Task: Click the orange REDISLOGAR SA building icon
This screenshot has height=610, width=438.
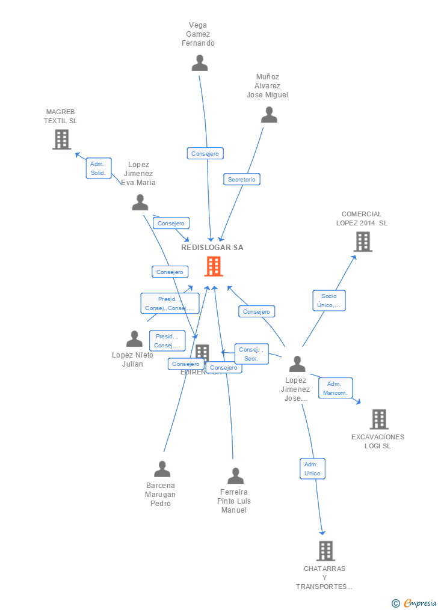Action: pyautogui.click(x=214, y=266)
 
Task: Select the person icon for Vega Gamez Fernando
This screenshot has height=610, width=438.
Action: pyautogui.click(x=199, y=63)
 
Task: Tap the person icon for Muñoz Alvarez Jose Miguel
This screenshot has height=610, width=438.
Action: pyautogui.click(x=269, y=115)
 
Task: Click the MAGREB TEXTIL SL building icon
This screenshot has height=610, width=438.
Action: pyautogui.click(x=61, y=139)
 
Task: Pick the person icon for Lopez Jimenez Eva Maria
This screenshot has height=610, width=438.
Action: pyautogui.click(x=140, y=203)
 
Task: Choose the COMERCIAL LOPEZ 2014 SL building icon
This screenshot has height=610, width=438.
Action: pyautogui.click(x=363, y=242)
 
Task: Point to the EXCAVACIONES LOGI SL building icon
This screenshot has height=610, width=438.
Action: pyautogui.click(x=379, y=419)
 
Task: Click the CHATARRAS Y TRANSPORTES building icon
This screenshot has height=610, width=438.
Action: pyautogui.click(x=325, y=551)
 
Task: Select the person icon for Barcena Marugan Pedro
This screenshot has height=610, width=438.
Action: pyautogui.click(x=162, y=469)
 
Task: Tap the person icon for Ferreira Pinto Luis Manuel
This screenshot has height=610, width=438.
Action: pyautogui.click(x=235, y=476)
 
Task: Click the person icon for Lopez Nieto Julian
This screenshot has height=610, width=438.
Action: pyautogui.click(x=134, y=339)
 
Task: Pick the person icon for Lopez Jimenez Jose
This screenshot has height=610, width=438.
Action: pyautogui.click(x=297, y=364)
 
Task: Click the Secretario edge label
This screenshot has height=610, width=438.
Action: pyautogui.click(x=242, y=179)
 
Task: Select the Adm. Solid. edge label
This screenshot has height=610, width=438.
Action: pyautogui.click(x=98, y=168)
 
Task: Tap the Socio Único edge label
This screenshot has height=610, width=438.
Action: pyautogui.click(x=328, y=300)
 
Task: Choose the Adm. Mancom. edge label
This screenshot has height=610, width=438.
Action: pyautogui.click(x=335, y=388)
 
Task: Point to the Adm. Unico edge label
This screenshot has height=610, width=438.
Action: pyautogui.click(x=312, y=469)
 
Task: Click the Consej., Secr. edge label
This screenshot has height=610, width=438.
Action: pyautogui.click(x=251, y=354)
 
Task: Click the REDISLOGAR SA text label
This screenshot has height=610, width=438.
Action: pyautogui.click(x=212, y=248)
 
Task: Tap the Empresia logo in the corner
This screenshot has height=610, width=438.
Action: pyautogui.click(x=415, y=603)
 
